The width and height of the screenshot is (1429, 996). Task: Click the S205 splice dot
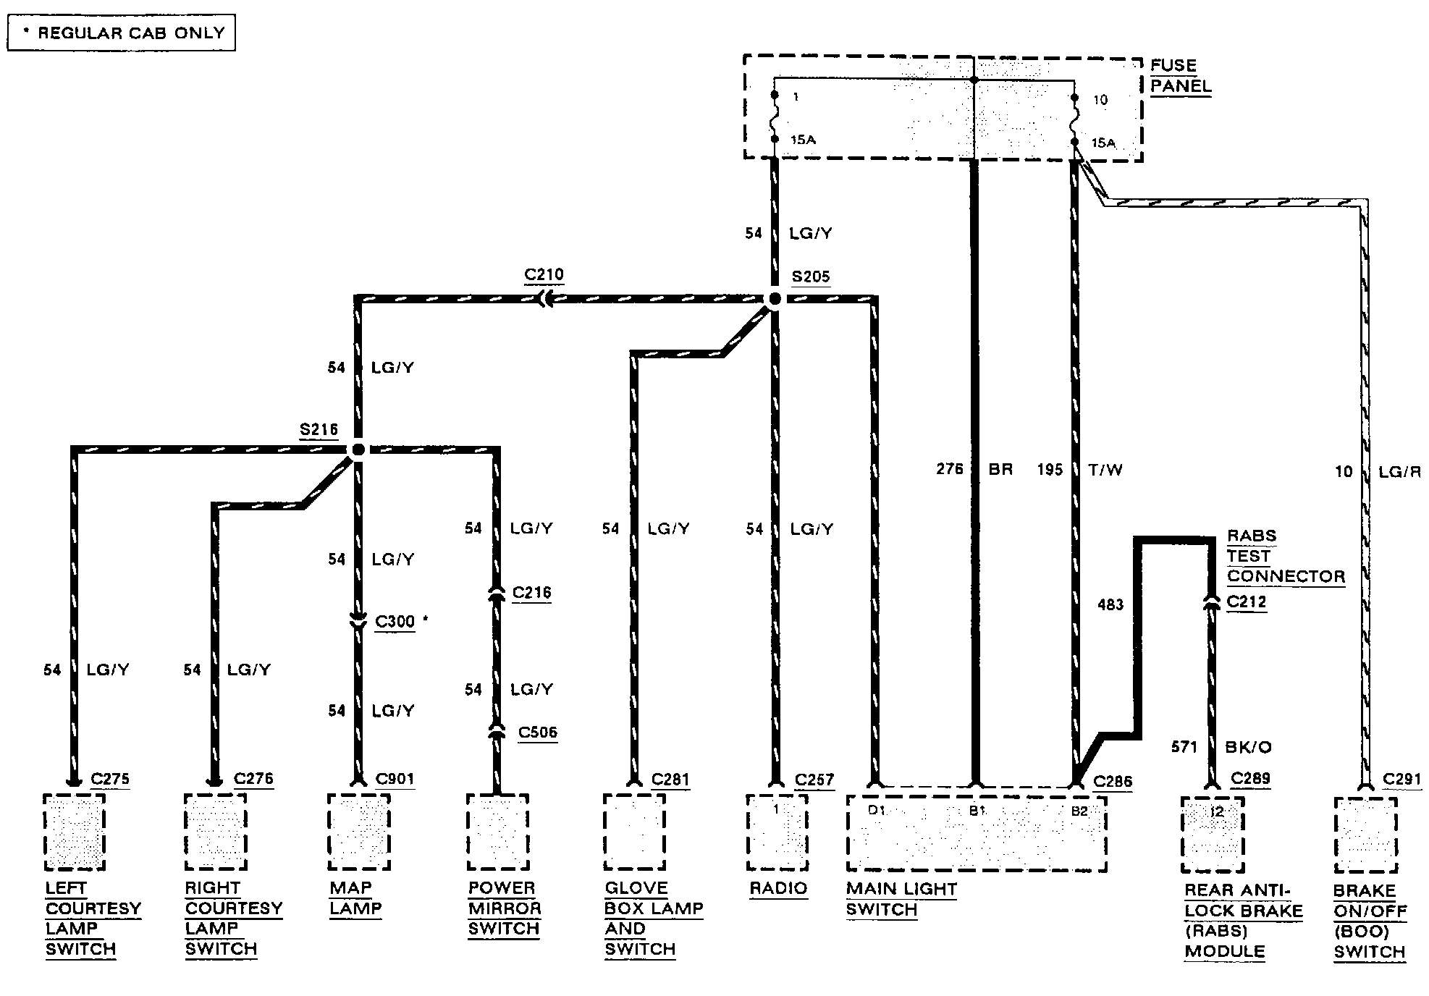click(775, 298)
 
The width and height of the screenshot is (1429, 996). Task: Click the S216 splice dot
click(358, 450)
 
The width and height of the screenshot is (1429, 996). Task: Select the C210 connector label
click(544, 275)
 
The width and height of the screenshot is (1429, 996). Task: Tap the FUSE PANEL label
click(1180, 76)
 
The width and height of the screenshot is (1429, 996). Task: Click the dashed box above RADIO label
click(777, 832)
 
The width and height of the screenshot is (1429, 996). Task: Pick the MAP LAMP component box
click(358, 832)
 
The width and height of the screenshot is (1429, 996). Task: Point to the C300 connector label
click(395, 622)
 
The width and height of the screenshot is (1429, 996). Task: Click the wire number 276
click(950, 469)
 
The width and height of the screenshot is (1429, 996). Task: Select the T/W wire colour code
click(1105, 470)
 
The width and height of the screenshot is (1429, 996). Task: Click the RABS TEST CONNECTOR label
click(1286, 556)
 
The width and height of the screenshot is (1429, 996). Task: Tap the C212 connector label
click(1247, 602)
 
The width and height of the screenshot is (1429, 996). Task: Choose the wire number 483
click(1110, 604)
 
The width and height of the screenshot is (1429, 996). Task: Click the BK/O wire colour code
click(1248, 747)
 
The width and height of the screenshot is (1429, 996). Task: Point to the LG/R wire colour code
click(1399, 472)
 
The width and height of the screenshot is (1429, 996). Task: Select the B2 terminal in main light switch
click(1079, 811)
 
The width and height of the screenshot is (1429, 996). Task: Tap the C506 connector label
click(538, 733)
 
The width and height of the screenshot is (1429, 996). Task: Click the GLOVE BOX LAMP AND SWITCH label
click(653, 919)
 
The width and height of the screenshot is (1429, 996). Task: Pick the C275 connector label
click(110, 779)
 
